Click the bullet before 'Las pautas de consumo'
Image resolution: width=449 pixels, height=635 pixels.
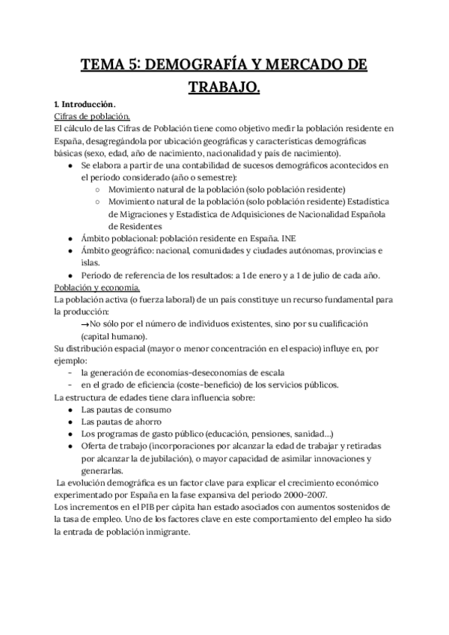70,410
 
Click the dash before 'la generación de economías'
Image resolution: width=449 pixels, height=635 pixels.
70,373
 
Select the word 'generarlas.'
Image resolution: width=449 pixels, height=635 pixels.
103,470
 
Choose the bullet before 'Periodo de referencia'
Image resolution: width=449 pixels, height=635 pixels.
70,275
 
